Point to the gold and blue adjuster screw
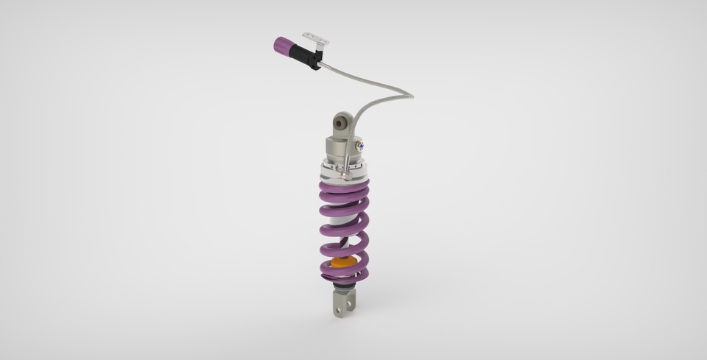359,147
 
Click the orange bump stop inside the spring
342,261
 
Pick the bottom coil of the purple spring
342,276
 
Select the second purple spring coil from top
342,213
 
